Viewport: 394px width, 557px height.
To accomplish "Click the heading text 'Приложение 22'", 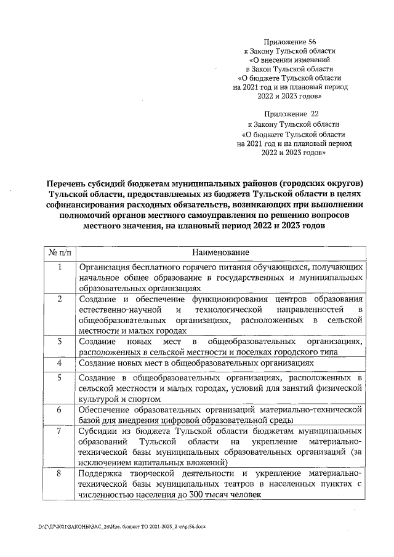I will click(x=289, y=114).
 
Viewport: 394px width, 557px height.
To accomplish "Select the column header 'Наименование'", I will click(x=220, y=253).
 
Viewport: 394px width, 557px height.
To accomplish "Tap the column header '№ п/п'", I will click(x=60, y=253).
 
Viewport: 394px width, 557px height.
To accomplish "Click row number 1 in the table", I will click(x=60, y=268).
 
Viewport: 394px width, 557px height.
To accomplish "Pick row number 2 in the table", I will click(x=60, y=299).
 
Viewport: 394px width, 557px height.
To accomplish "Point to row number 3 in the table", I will click(x=60, y=341).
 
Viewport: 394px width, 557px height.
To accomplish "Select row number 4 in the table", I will click(x=60, y=363).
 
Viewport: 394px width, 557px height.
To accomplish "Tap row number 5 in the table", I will click(x=60, y=377).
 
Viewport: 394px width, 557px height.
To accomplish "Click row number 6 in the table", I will click(x=60, y=409).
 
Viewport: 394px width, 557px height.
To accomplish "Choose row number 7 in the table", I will click(x=60, y=431).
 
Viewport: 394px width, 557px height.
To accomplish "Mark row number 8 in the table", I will click(x=60, y=473).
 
